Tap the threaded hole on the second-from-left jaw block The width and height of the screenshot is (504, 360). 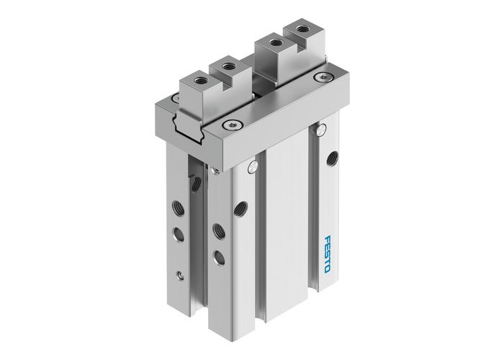pyautogui.click(x=229, y=66)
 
